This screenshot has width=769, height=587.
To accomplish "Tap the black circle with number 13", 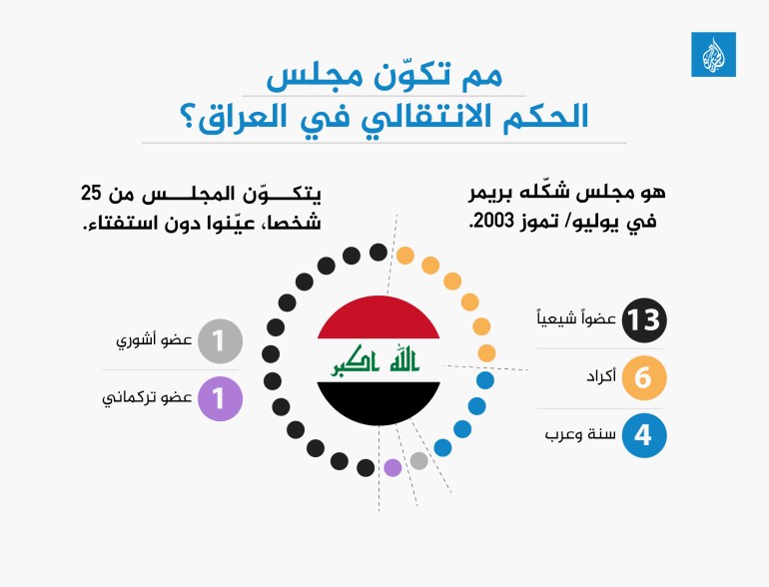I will click(643, 320).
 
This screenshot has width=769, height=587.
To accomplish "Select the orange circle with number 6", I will click(643, 379).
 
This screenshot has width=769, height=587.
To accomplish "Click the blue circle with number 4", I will click(643, 436).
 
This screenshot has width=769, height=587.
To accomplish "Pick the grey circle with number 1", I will click(220, 341).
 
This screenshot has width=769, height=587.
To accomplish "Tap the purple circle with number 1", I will click(220, 398).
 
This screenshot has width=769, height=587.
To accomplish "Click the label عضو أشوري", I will click(156, 341).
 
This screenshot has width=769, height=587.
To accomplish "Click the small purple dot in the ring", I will click(392, 466).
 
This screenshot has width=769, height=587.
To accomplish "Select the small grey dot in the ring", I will click(419, 460).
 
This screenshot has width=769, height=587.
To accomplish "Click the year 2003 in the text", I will click(490, 222).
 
